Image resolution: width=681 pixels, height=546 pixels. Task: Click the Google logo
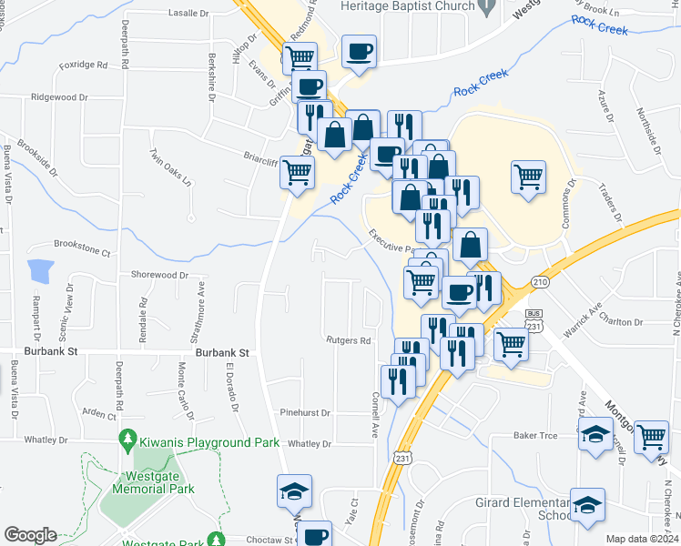click(x=30, y=535)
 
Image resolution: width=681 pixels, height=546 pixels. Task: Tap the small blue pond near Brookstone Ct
click(x=40, y=271)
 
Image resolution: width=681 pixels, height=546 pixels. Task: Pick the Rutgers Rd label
click(x=350, y=341)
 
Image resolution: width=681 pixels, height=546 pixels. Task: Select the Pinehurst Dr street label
click(x=304, y=412)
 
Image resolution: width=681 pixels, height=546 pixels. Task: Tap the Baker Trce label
click(x=534, y=437)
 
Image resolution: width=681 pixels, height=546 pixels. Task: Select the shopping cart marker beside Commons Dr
click(x=528, y=176)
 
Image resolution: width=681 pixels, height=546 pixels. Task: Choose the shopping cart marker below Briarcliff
click(x=297, y=170)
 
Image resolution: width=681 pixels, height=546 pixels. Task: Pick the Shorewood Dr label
click(x=159, y=274)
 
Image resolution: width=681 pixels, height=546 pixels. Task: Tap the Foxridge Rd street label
click(x=83, y=66)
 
